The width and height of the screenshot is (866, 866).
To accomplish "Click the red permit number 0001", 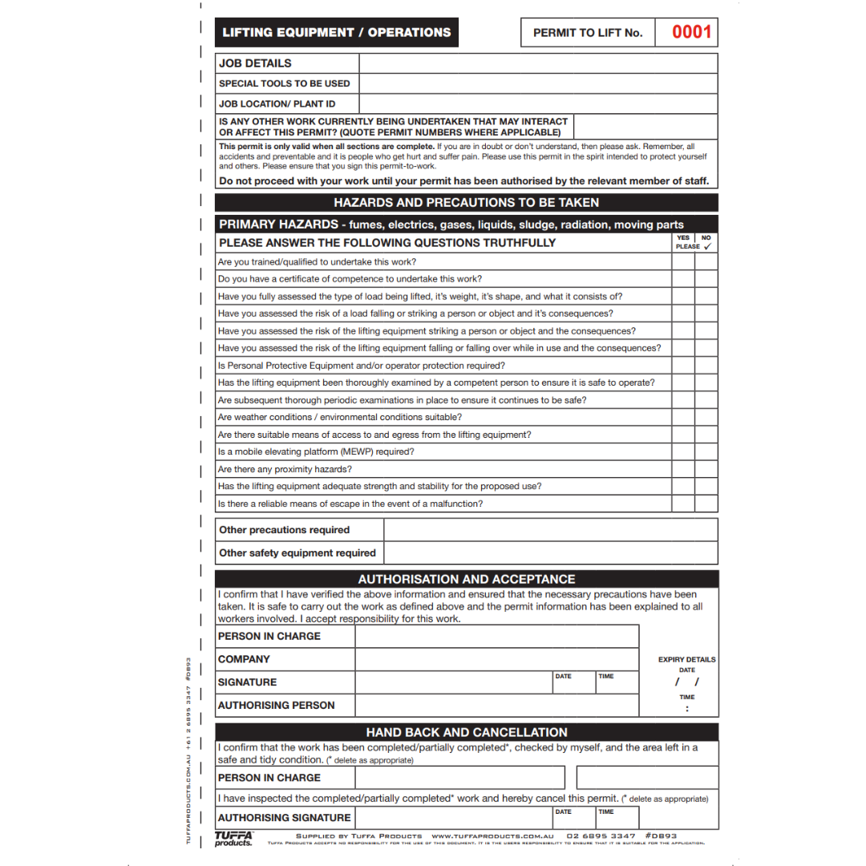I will tap(691, 32).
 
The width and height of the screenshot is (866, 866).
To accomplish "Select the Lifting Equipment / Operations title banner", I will tap(336, 33).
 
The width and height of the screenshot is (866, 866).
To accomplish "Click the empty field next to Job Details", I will tap(537, 63).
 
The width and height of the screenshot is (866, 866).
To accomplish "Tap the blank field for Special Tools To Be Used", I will tap(537, 83).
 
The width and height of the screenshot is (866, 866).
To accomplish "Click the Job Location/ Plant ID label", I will tap(277, 103).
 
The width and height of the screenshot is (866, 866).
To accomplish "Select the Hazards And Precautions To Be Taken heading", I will tap(466, 203).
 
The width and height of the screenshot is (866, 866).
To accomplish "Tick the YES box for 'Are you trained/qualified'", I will tap(683, 262).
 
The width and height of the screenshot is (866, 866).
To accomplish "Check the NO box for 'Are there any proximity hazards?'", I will tap(706, 469).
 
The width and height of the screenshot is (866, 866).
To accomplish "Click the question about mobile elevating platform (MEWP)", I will tap(316, 451).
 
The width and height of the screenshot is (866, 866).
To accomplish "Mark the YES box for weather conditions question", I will tap(683, 417).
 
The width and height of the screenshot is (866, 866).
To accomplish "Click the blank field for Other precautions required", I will tap(550, 530).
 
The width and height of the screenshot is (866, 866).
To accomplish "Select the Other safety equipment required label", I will tap(297, 552).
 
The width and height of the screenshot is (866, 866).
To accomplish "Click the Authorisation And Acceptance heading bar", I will tap(466, 579).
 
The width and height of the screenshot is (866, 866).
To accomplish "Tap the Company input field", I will tap(496, 659).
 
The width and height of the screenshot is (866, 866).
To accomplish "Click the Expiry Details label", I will tap(686, 660).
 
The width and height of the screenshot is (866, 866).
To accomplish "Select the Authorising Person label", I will tap(276, 705).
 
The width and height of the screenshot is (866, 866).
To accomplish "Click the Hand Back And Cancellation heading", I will tap(466, 732).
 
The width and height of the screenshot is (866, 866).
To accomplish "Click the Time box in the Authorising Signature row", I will tap(617, 818).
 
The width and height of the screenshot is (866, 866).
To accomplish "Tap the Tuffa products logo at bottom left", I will tap(233, 838).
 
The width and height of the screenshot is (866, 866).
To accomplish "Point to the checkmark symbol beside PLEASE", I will tap(706, 247).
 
